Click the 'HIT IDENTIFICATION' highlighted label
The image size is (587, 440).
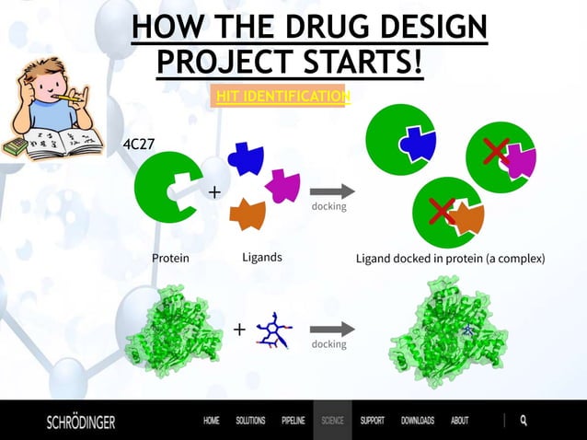tap(281, 97)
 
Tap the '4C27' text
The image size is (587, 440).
tap(140, 145)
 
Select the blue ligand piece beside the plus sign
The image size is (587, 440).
tap(246, 158)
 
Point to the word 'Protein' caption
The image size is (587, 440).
tap(170, 258)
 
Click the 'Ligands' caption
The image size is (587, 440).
tap(261, 257)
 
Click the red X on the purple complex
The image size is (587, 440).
tap(497, 152)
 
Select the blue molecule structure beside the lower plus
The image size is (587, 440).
tap(272, 330)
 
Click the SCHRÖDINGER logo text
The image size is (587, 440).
tap(81, 422)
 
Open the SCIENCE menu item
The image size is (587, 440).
tap(332, 421)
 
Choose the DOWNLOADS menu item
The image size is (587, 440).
tap(417, 421)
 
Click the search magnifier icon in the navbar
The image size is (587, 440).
tap(524, 421)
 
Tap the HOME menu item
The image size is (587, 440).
tap(212, 421)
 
